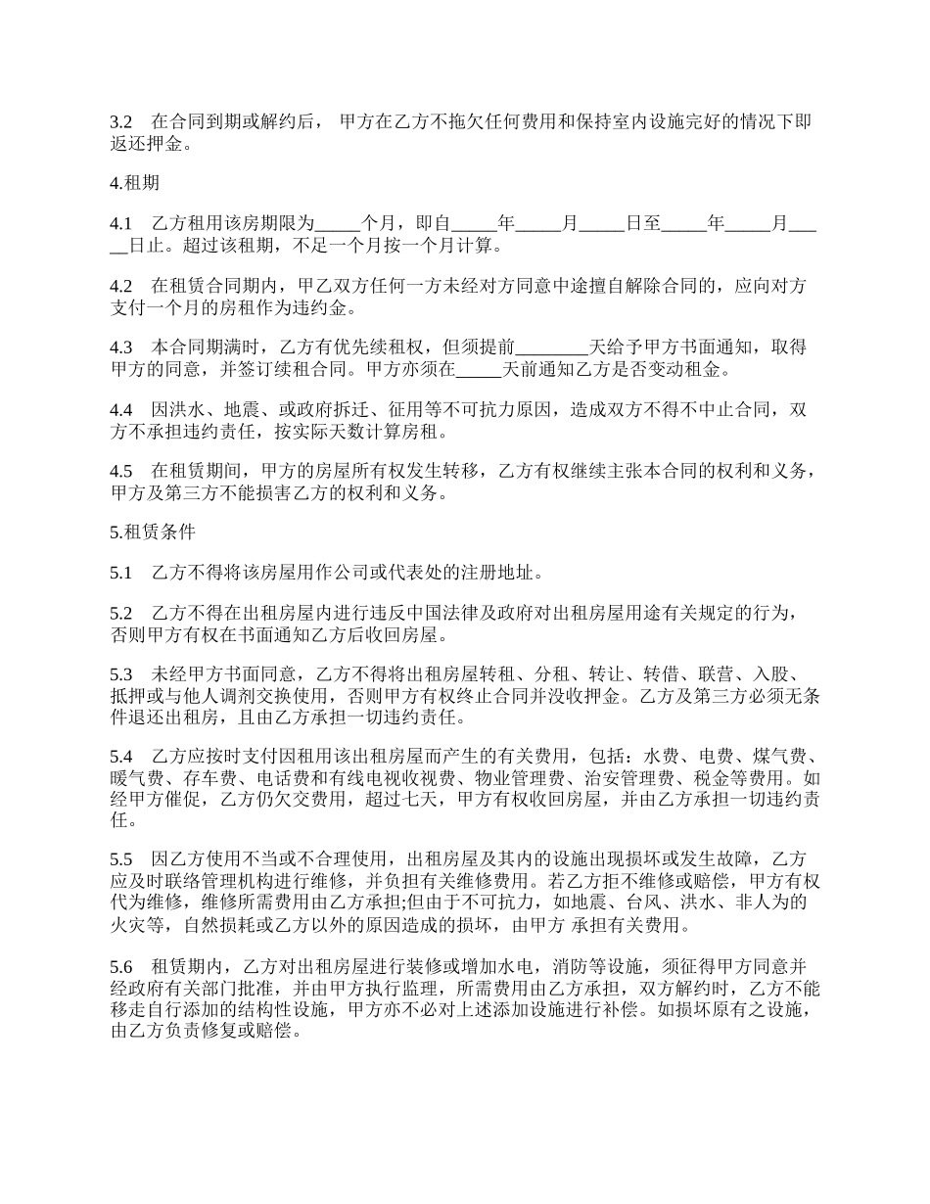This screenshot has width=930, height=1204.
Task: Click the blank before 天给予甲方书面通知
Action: coord(552,347)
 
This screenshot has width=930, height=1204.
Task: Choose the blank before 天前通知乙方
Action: coord(479,370)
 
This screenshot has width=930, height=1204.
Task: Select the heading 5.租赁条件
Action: coord(153,533)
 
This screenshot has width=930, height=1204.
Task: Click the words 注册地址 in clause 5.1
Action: coord(496,573)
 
